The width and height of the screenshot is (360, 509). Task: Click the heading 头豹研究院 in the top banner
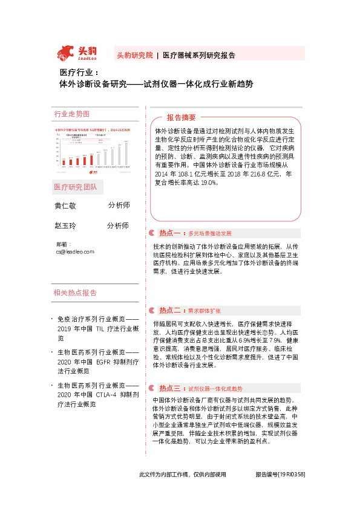134,55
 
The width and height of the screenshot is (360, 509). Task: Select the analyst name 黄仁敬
65,206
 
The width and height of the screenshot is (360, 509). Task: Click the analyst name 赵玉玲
65,225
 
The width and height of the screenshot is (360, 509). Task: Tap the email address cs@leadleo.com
75,250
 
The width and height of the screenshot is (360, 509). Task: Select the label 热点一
171,233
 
